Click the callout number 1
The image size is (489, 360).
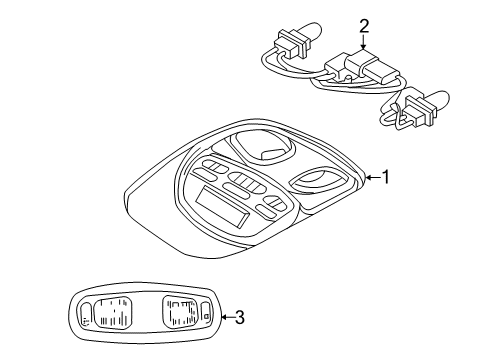pos(384,177)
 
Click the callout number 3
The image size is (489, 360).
pos(238,318)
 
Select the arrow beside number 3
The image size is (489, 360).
pos(222,318)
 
